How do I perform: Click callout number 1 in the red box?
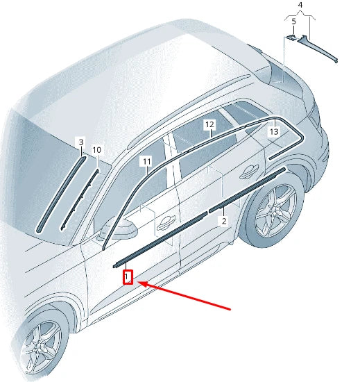(x=128, y=278)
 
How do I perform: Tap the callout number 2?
(x=223, y=221)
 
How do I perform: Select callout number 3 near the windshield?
(x=80, y=142)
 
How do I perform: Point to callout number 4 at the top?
(x=300, y=6)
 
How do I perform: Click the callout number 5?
(x=293, y=22)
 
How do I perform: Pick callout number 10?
(x=97, y=149)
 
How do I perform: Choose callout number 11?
(x=146, y=161)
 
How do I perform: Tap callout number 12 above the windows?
(x=209, y=125)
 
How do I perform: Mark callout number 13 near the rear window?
(x=273, y=131)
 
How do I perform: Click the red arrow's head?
(x=140, y=283)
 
